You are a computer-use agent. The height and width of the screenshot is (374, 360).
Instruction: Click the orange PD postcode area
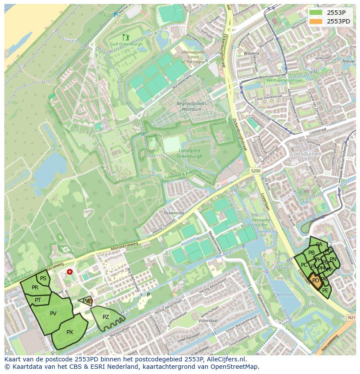point(316,281)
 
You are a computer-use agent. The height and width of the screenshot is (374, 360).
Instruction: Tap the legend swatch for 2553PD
point(317,21)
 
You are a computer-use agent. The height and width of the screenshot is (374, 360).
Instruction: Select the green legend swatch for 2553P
point(317,13)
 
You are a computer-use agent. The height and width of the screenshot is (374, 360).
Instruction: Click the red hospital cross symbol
point(70,272)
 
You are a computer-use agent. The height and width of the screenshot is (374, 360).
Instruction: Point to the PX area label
point(70,332)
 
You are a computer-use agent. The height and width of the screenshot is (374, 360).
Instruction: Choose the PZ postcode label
point(106,317)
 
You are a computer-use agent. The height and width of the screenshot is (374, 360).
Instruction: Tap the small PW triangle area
point(87,301)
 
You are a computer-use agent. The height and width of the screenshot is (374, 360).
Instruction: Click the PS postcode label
point(43,278)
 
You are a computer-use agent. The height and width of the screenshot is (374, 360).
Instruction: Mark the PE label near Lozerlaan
point(325,290)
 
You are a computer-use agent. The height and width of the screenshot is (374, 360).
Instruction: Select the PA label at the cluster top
point(319,245)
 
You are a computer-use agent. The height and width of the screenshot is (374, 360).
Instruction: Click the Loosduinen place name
point(307,154)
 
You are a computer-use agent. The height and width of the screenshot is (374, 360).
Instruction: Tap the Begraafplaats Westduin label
point(191,106)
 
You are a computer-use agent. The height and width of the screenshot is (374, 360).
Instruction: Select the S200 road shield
point(255,171)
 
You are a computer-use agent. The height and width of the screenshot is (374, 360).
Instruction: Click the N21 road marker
point(351,318)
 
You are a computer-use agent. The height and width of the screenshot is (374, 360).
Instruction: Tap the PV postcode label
point(53,313)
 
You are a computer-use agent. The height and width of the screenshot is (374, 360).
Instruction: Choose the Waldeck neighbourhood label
point(251,53)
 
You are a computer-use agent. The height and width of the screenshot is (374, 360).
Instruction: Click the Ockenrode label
point(174,213)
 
